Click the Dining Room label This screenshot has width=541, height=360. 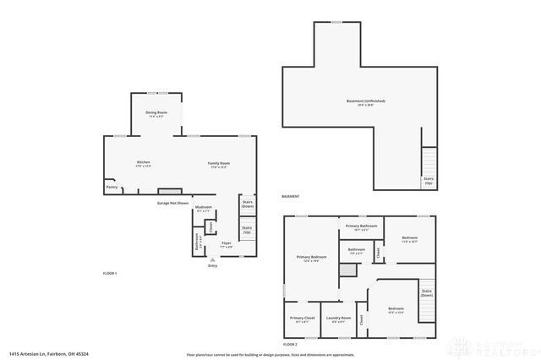click(156, 112)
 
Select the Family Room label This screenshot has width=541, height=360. click(220, 163)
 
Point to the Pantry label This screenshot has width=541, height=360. click(111, 187)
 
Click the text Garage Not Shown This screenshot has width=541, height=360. click(172, 203)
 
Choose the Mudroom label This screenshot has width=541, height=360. click(203, 208)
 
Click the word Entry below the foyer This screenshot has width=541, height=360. click(212, 265)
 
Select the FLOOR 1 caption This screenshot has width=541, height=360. click(110, 273)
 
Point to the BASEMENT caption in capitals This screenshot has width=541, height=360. click(291, 197)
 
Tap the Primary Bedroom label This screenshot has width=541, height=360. click(311, 257)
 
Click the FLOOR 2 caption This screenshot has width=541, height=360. click(291, 345)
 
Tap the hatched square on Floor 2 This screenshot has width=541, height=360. click(346, 270)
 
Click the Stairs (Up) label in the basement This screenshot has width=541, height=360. click(429, 180)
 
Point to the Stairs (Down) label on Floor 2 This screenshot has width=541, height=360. click(427, 293)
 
